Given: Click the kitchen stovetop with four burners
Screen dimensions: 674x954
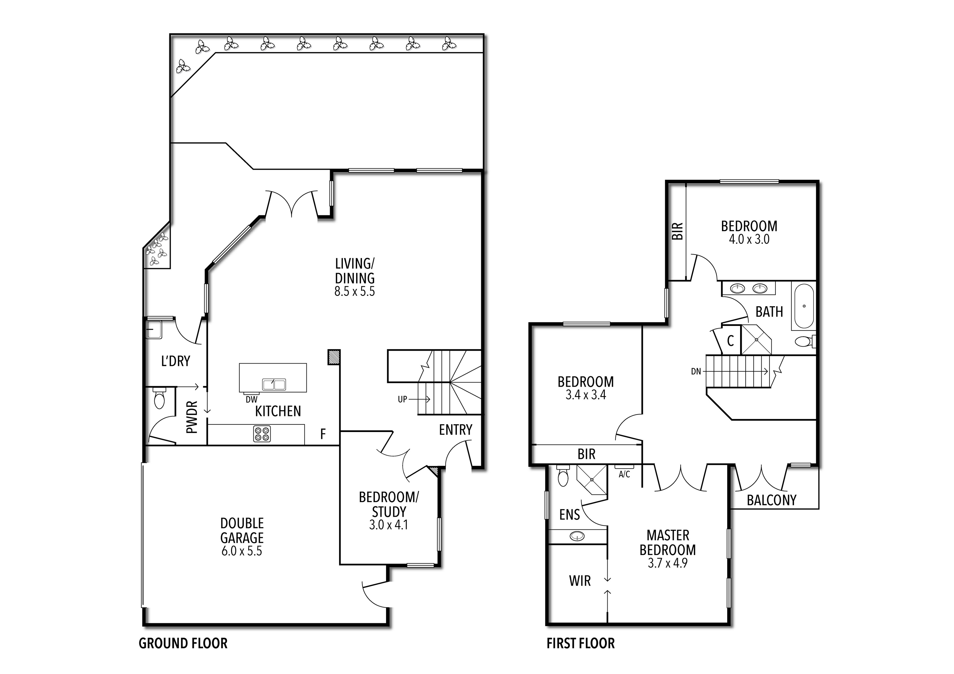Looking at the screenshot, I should (x=262, y=434).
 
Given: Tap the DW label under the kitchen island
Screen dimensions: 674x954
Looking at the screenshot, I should (x=251, y=399).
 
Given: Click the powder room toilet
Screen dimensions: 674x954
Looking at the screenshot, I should (x=159, y=399).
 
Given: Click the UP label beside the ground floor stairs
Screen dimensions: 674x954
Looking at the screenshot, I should (x=402, y=399).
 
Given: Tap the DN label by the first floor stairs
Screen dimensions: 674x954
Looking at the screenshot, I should (x=696, y=371).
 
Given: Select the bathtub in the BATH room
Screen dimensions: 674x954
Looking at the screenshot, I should (x=804, y=307).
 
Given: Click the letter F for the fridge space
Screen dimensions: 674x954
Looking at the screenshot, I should (x=323, y=434).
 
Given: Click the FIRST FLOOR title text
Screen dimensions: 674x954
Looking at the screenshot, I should (x=580, y=643).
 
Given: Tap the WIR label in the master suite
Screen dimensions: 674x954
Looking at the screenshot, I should (x=580, y=581).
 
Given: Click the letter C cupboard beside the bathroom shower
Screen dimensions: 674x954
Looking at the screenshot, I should (x=730, y=341).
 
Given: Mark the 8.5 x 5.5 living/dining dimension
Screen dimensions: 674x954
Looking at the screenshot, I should (x=355, y=292).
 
